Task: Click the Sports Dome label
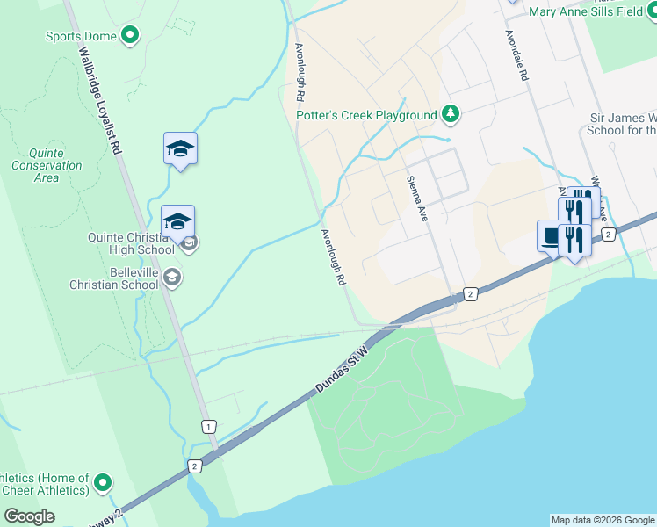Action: click(x=81, y=36)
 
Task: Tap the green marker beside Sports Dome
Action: click(x=130, y=36)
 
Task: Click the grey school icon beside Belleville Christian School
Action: click(x=172, y=278)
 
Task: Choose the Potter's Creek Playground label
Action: click(x=366, y=115)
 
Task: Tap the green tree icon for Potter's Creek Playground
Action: click(x=450, y=114)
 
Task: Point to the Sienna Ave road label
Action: click(x=416, y=198)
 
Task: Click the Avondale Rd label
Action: click(x=516, y=56)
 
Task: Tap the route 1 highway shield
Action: click(x=207, y=426)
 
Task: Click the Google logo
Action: click(x=29, y=516)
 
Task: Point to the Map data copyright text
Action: click(x=603, y=520)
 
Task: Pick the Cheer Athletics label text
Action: click(x=44, y=484)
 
